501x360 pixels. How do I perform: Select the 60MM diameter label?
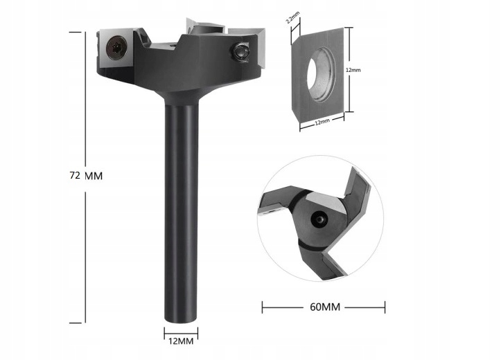pyautogui.click(x=324, y=305)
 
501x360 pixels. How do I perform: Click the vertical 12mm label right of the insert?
pyautogui.click(x=354, y=70)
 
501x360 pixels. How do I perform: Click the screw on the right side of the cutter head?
pyautogui.click(x=240, y=51)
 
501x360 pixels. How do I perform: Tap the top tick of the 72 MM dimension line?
pyautogui.click(x=85, y=30)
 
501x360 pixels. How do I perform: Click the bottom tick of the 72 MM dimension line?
pyautogui.click(x=85, y=323)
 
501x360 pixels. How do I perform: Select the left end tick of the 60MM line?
pyautogui.click(x=263, y=305)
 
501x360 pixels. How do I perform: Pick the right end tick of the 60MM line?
pyautogui.click(x=385, y=305)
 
